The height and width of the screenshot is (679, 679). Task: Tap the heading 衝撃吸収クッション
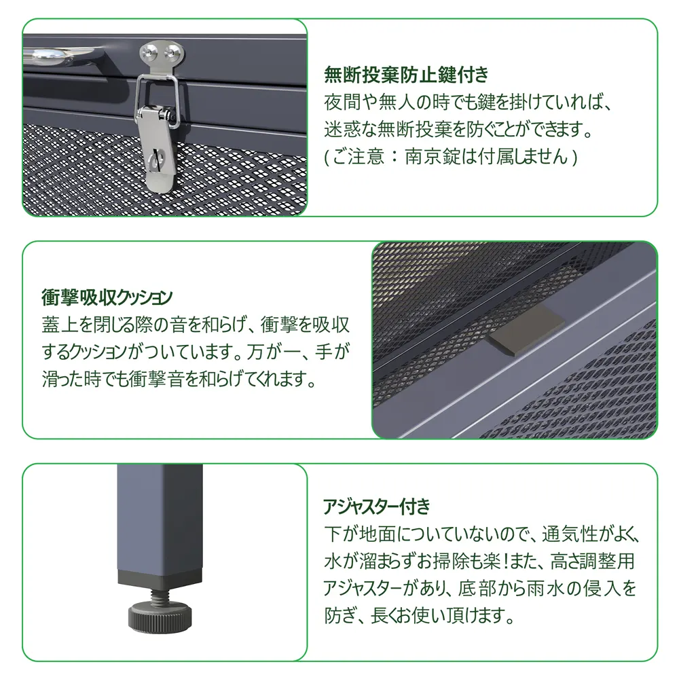coord(107,297)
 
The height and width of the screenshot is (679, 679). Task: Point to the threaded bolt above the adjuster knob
coord(161,590)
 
